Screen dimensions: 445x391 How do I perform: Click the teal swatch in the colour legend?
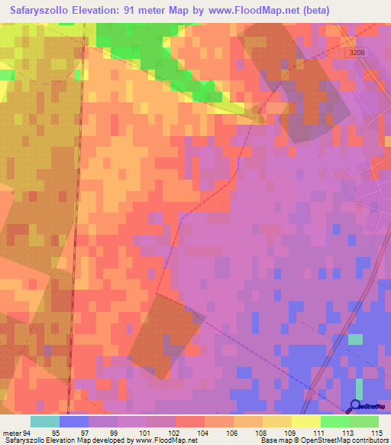(x=44, y=421)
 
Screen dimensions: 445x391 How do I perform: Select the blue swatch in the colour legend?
(x=74, y=421)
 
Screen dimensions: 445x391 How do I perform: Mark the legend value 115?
(x=376, y=432)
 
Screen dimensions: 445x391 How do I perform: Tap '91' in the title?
(x=153, y=11)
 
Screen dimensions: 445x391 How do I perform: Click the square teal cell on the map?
(x=356, y=339)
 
